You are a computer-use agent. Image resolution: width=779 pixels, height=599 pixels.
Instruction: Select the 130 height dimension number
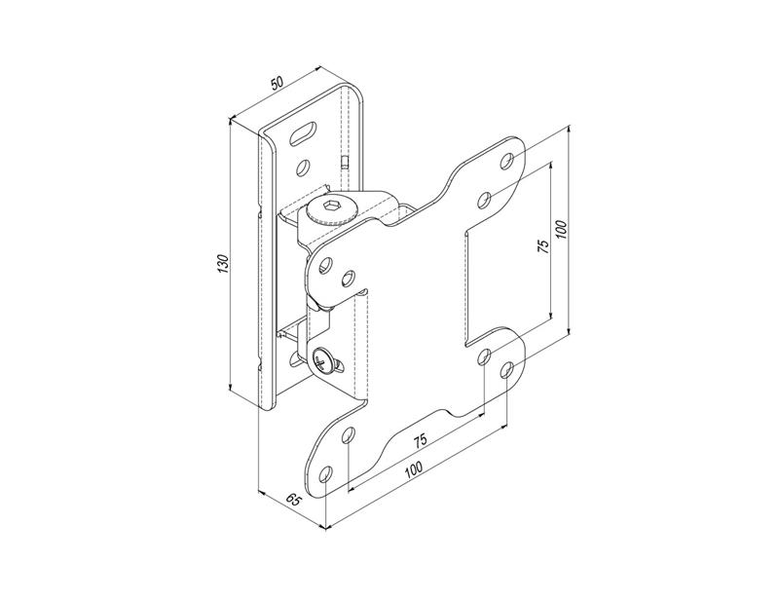coord(223,263)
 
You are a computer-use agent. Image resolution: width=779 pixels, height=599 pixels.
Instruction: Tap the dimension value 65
coord(295,500)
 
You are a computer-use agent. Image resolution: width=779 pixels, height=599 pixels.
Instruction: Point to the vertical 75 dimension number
coord(544,246)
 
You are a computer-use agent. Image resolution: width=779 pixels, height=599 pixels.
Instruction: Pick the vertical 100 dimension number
coord(561,228)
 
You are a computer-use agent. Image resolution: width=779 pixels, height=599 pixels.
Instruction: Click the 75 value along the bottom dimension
coord(420,439)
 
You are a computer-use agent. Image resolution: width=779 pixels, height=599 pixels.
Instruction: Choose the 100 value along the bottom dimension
coord(413,468)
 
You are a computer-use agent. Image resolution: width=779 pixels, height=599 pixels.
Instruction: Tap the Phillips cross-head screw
coord(324,360)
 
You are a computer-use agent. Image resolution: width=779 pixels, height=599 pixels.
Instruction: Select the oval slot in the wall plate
coord(303,133)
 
